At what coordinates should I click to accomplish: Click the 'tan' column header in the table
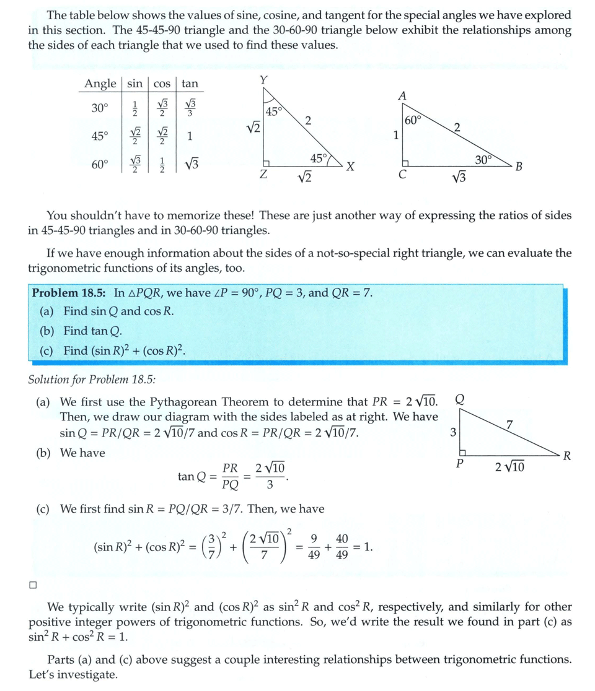[190, 84]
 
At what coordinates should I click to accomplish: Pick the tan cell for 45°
[190, 136]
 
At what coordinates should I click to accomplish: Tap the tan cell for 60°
[190, 164]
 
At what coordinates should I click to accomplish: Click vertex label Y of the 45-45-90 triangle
[264, 80]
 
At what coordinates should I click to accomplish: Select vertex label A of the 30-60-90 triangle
[402, 95]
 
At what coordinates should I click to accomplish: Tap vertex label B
[519, 166]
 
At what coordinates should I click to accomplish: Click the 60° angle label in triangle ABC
[413, 120]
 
